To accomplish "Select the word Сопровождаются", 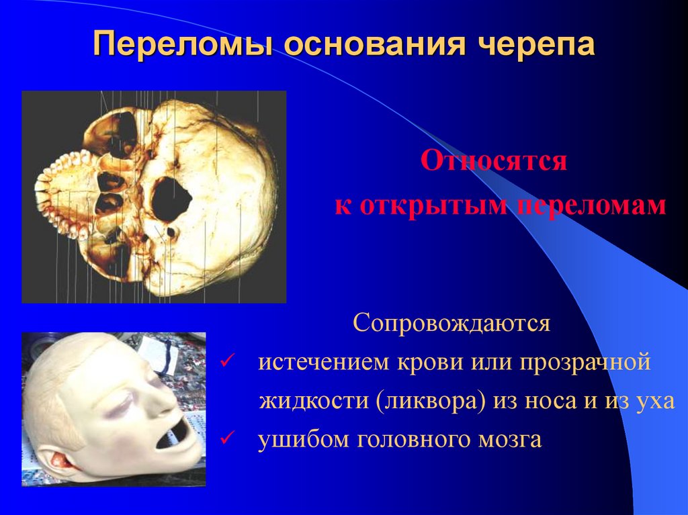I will (x=452, y=324).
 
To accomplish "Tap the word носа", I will (x=543, y=402).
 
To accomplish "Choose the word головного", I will (x=407, y=440).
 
